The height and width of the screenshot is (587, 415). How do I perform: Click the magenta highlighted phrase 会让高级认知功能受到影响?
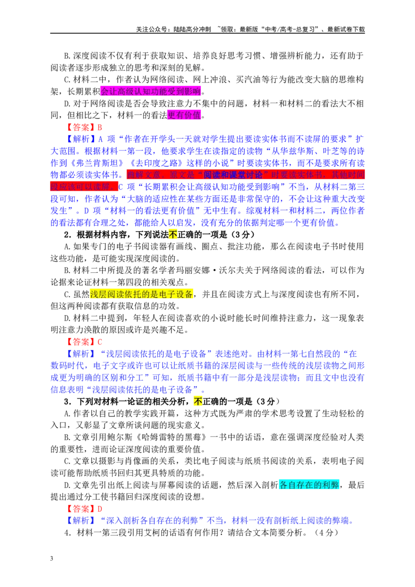click(150, 91)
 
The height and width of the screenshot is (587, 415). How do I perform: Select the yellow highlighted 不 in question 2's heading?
click(173, 235)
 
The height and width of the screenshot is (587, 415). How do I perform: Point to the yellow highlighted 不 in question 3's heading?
click(198, 402)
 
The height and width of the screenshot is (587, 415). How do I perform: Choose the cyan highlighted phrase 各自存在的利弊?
click(309, 485)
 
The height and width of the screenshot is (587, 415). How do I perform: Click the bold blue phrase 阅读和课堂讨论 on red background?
click(232, 175)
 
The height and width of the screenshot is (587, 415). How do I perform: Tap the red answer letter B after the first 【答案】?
click(100, 127)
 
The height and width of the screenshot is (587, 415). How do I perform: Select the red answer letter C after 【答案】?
click(100, 342)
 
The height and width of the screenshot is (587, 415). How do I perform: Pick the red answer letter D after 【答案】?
click(100, 509)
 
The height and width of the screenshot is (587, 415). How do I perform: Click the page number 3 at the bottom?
click(52, 558)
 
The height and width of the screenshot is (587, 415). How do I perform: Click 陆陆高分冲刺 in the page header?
click(192, 29)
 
